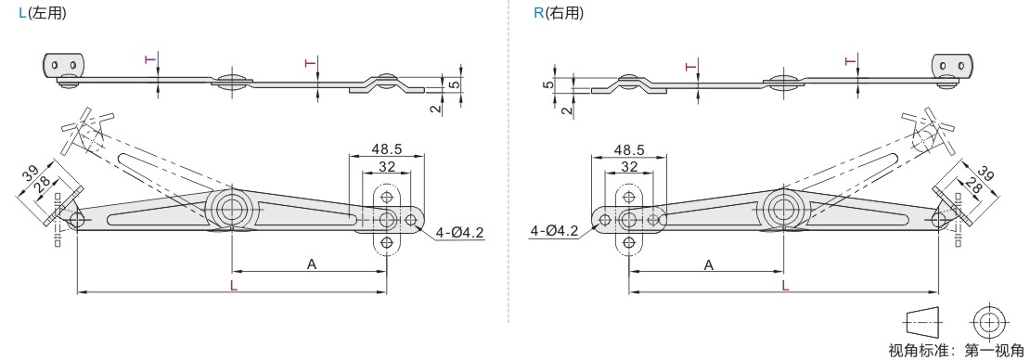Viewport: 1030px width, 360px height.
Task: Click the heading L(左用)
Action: pos(43,12)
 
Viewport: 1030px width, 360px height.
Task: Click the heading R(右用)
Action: pos(559,12)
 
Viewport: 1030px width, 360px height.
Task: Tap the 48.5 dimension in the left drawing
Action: pos(387,149)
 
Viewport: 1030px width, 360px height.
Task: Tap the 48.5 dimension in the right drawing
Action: pos(629,149)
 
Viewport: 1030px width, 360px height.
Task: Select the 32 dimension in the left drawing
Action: pos(387,167)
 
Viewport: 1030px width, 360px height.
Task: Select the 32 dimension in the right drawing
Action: pos(629,167)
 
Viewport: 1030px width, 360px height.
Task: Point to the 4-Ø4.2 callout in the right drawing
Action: pos(554,231)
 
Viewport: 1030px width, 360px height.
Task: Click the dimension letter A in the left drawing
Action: pos(312,264)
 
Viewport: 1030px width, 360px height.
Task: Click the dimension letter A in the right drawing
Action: pos(709,264)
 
